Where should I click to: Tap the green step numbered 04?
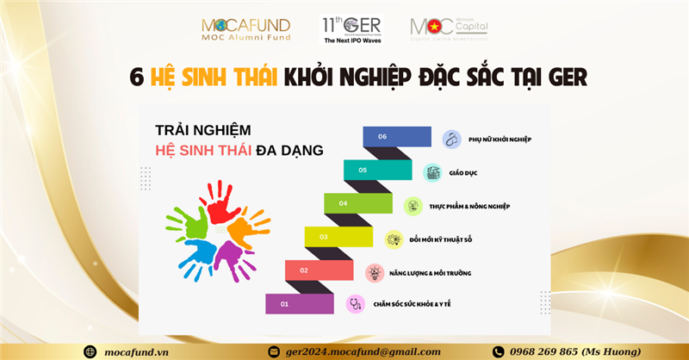pyautogui.click(x=358, y=203)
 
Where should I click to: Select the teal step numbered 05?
pyautogui.click(x=377, y=170)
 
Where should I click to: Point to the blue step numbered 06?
pyautogui.click(x=397, y=136)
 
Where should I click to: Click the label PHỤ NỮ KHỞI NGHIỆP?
pyautogui.click(x=500, y=140)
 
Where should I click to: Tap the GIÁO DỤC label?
pyautogui.click(x=463, y=173)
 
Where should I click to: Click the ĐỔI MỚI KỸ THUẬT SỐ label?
pyautogui.click(x=450, y=239)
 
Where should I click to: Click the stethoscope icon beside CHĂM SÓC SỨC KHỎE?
pyautogui.click(x=354, y=303)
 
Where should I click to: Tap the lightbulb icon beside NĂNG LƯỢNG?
pyautogui.click(x=374, y=272)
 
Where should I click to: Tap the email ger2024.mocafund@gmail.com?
pyautogui.click(x=361, y=351)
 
